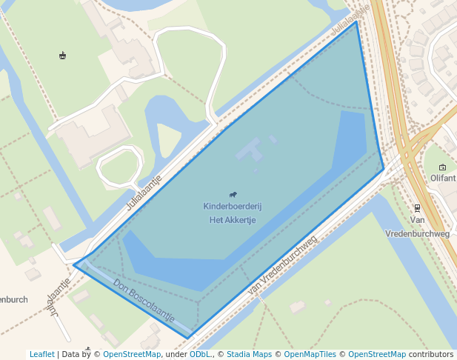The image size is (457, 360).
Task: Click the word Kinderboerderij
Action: [x=233, y=206]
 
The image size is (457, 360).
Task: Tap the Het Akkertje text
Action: [x=233, y=220]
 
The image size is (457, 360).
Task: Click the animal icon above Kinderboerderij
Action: [x=233, y=194]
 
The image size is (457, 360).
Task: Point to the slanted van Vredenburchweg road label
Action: [x=282, y=265]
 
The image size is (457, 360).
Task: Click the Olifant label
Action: [x=443, y=179]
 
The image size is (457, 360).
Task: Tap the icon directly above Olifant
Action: [x=443, y=167]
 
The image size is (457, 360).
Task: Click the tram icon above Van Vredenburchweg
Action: [x=418, y=208]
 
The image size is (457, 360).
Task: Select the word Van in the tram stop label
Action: [x=418, y=220]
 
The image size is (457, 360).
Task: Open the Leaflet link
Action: [x=41, y=354]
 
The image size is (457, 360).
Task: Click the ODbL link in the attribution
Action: [x=199, y=354]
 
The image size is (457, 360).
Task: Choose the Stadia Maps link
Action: [x=249, y=354]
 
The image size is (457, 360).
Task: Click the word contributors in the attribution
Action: [x=431, y=354]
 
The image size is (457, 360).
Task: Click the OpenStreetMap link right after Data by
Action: [x=132, y=354]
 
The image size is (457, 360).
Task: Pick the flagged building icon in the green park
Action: [x=62, y=56]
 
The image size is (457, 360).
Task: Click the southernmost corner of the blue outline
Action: [x=187, y=339]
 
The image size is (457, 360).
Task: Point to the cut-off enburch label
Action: [x=14, y=300]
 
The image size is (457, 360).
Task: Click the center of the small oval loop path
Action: [x=120, y=167]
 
